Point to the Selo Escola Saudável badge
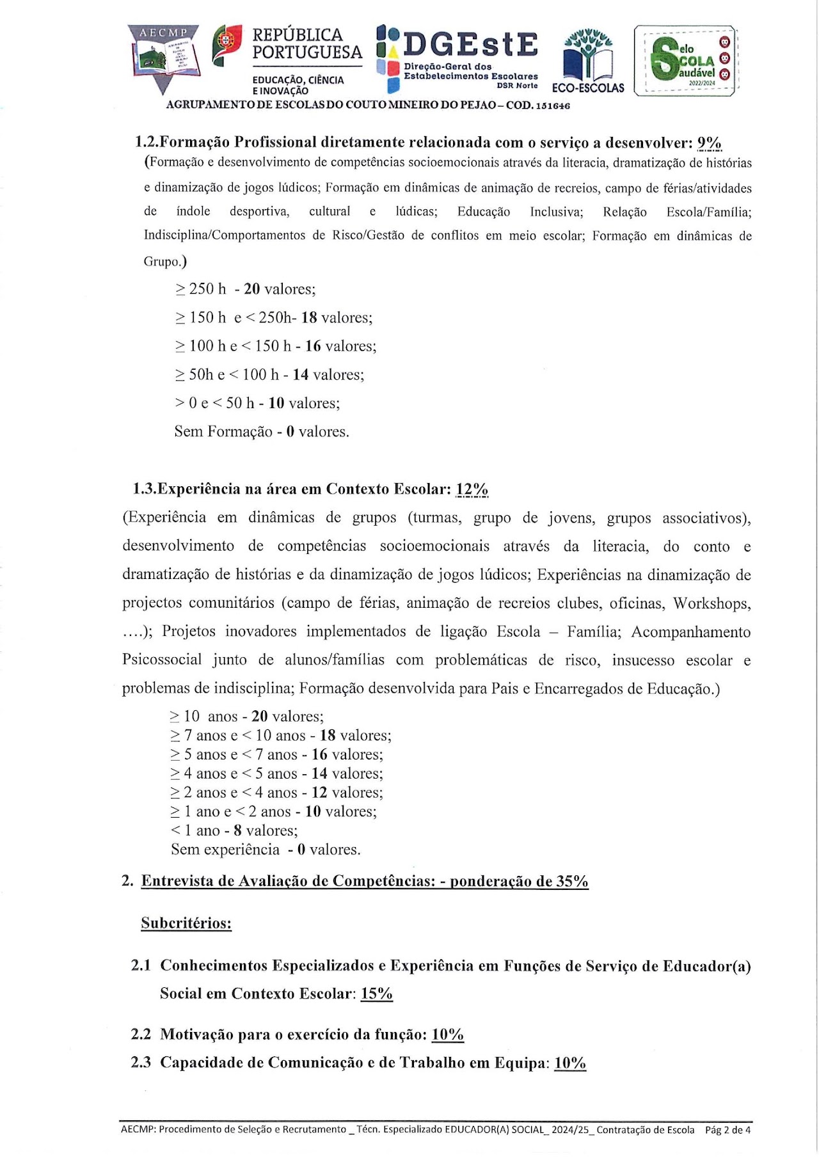tap(685, 61)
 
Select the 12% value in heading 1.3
tap(472, 489)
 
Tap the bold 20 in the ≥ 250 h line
tap(251, 289)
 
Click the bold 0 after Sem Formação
tap(290, 432)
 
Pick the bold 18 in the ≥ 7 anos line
tap(328, 736)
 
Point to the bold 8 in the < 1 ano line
tap(237, 830)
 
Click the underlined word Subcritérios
tap(186, 923)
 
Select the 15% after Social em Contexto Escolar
tap(376, 994)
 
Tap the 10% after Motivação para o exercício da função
tap(447, 1035)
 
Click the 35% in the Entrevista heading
tap(571, 882)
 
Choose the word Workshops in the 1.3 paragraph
tap(712, 603)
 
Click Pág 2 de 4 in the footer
tap(728, 1130)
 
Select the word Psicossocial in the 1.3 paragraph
tap(162, 660)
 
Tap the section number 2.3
tap(141, 1063)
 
